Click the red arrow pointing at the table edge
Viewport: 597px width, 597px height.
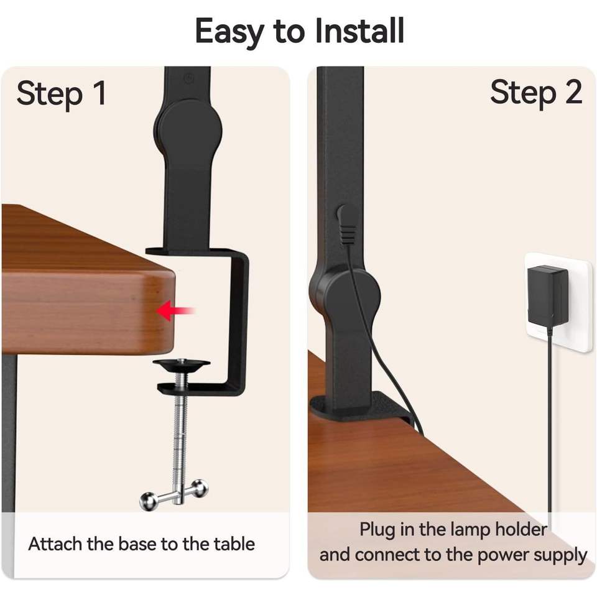pos(175,310)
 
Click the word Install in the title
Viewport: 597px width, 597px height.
pos(359,31)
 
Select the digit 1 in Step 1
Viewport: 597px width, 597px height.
pos(99,93)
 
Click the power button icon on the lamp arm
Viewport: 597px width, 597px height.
pos(188,79)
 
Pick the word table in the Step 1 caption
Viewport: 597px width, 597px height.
pos(234,544)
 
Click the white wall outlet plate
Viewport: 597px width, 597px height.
pos(558,300)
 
